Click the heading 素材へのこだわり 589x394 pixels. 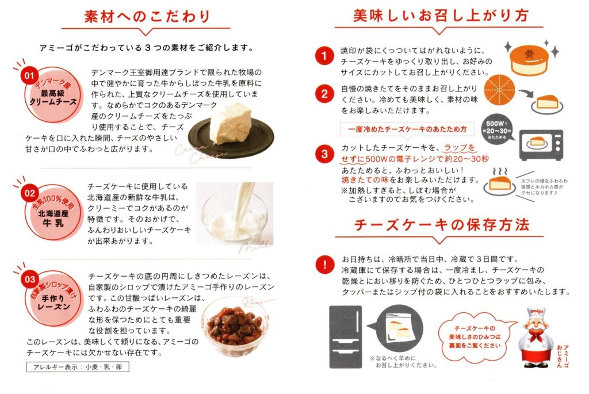(x=147, y=17)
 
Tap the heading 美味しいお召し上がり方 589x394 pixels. (x=441, y=16)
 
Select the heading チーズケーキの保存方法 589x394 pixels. (x=442, y=224)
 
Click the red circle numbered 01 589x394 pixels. (x=29, y=75)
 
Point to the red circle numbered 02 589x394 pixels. (x=30, y=193)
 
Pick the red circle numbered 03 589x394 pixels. (x=30, y=280)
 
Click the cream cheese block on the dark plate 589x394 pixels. (x=231, y=124)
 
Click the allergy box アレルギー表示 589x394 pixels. (x=78, y=367)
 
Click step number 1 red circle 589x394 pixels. (x=324, y=56)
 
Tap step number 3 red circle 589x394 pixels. (x=324, y=154)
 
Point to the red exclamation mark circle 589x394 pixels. (x=324, y=265)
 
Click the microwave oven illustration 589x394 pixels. (x=541, y=145)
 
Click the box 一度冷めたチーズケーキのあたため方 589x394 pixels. (x=407, y=129)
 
